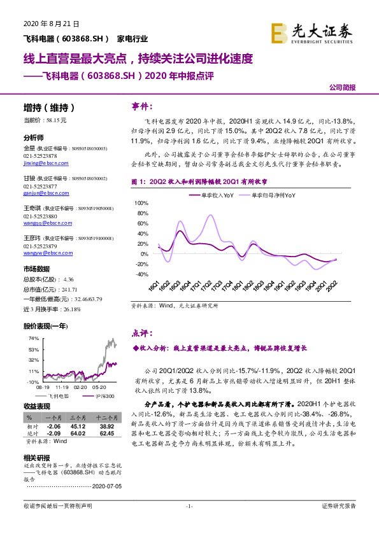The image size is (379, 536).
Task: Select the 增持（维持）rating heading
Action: [x=48, y=108]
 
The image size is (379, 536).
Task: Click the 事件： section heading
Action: [x=142, y=105]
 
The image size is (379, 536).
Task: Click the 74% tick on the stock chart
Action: [x=34, y=339]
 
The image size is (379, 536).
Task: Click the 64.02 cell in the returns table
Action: [x=79, y=432]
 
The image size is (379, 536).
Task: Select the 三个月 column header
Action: [x=78, y=416]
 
